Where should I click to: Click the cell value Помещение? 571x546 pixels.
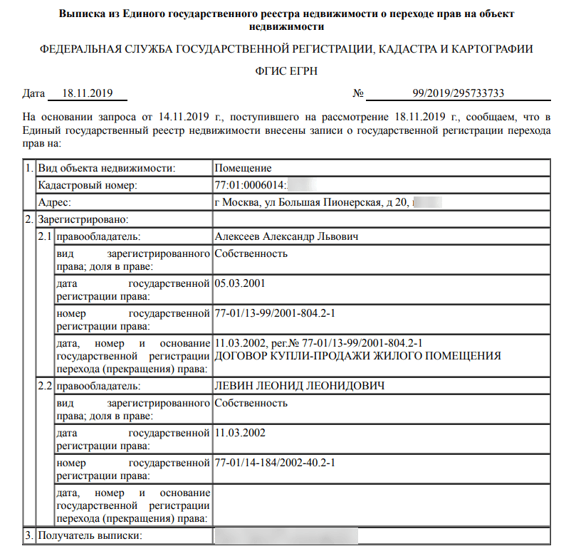(x=243, y=169)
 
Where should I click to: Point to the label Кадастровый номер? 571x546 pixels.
(x=87, y=186)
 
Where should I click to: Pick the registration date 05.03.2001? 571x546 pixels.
(x=239, y=283)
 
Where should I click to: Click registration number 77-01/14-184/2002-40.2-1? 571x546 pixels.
(x=274, y=463)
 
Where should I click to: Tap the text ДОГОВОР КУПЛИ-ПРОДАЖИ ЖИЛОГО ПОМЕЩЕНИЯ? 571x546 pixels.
(x=357, y=355)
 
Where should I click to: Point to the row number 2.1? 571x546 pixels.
(x=45, y=236)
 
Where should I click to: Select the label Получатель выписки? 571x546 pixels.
(x=90, y=535)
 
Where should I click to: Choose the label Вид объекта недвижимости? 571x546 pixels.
(x=106, y=169)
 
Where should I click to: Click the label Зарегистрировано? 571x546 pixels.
(x=83, y=219)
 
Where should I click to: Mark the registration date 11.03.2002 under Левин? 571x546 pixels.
(x=239, y=433)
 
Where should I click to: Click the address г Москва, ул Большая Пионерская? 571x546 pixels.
(x=311, y=203)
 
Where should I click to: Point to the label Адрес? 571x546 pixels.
(x=54, y=203)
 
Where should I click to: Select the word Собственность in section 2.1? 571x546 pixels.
(x=251, y=253)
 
